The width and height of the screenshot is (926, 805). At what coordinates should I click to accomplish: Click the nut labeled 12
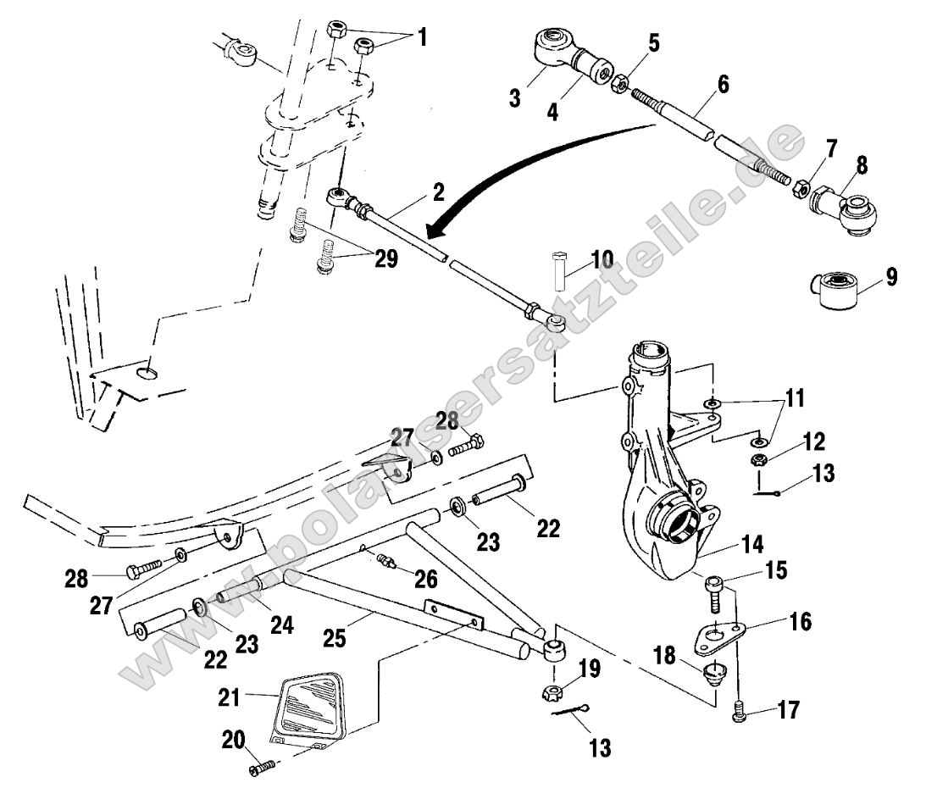[x=760, y=460]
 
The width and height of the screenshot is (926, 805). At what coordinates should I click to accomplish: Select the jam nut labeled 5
[x=619, y=83]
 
